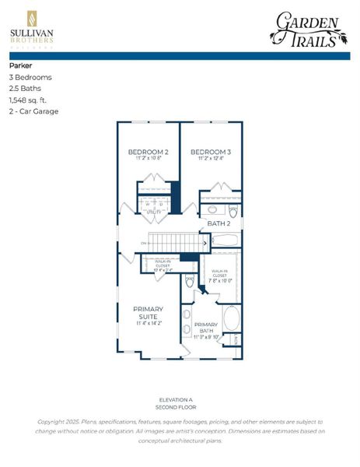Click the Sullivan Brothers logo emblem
coord(31,19)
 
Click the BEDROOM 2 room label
coord(147,151)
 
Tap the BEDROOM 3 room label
coord(210,151)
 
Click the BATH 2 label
coord(218,223)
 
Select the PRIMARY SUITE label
coord(148,313)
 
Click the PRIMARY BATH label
coord(205,326)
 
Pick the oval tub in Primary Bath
coord(231,319)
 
